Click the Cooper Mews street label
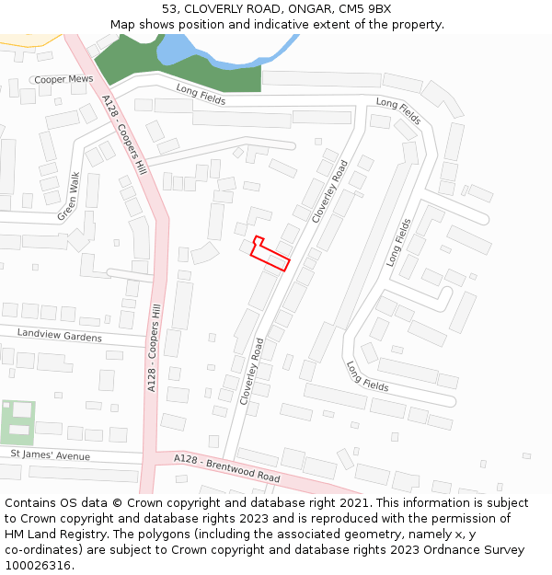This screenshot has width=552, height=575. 63,80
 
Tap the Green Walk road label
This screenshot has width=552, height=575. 69,197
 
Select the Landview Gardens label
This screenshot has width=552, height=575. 59,336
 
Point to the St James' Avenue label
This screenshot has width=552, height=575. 51,454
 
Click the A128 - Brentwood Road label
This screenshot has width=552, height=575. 227,469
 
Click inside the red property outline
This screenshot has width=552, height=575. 271,257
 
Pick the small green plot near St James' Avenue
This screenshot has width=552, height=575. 19,421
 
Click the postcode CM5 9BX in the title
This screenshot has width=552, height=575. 364,9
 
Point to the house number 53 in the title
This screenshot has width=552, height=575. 169,9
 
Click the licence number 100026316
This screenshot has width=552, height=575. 39,565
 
